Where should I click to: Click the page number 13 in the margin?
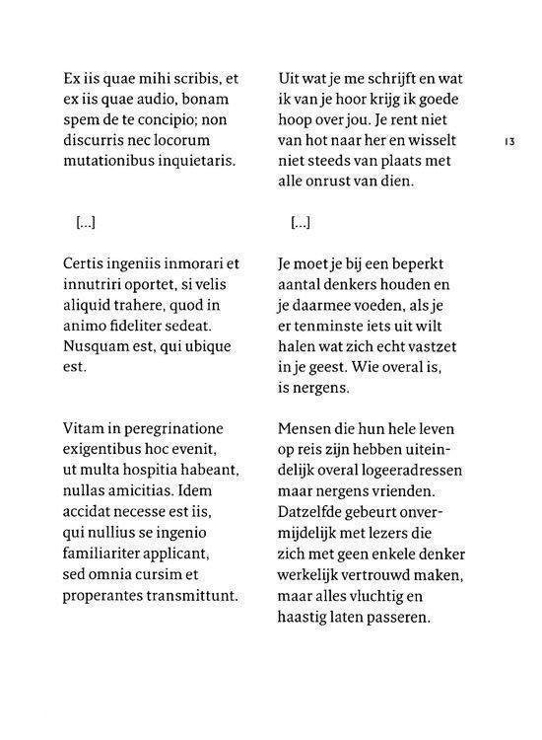509,142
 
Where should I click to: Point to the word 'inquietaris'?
196,160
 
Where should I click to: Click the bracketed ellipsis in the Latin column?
86,223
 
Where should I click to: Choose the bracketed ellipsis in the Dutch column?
301,223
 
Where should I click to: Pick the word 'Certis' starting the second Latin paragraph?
84,265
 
